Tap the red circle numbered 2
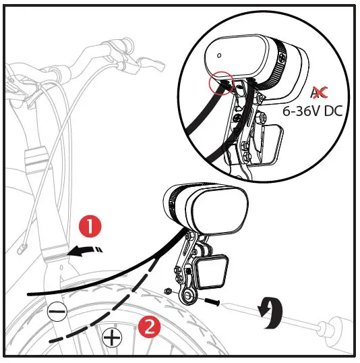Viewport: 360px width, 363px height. click(148, 327)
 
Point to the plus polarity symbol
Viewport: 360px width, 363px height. click(113, 335)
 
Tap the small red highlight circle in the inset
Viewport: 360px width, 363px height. click(221, 84)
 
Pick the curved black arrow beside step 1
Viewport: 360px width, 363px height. click(87, 252)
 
